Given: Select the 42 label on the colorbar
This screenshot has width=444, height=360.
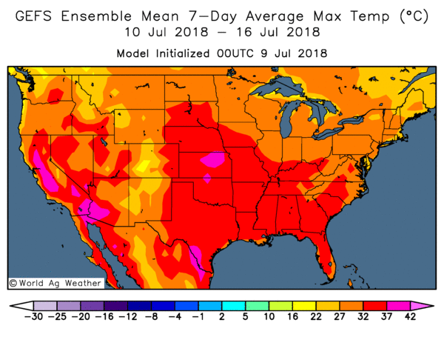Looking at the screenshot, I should [410, 316].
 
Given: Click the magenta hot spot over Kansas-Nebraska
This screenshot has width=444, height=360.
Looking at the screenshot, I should [215, 159].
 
